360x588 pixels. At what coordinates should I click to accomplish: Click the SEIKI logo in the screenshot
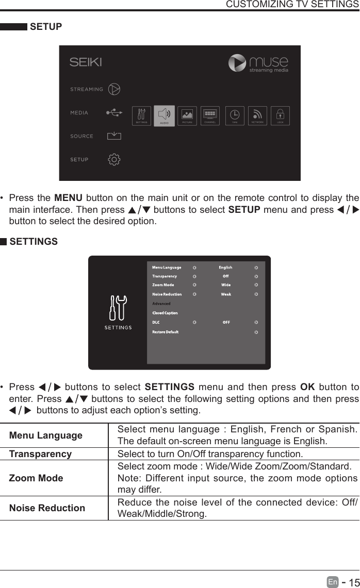pyautogui.click(x=86, y=62)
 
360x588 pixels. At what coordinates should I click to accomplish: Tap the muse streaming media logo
pyautogui.click(x=258, y=63)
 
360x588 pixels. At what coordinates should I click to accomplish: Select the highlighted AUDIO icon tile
pyautogui.click(x=164, y=115)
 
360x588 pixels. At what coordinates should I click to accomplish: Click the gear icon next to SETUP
pyautogui.click(x=114, y=159)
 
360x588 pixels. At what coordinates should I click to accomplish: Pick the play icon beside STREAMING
pyautogui.click(x=114, y=89)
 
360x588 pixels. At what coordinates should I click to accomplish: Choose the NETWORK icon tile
pyautogui.click(x=257, y=115)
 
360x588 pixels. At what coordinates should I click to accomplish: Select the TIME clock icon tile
pyautogui.click(x=235, y=115)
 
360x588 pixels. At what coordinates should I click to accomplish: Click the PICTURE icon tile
pyautogui.click(x=187, y=115)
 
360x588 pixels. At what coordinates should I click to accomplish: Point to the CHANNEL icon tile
pyautogui.click(x=210, y=115)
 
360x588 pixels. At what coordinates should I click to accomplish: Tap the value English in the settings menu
pyautogui.click(x=225, y=267)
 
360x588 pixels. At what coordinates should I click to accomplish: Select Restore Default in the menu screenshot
pyautogui.click(x=165, y=332)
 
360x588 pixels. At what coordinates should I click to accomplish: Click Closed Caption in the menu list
pyautogui.click(x=165, y=313)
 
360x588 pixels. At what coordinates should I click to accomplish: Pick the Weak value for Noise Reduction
pyautogui.click(x=226, y=294)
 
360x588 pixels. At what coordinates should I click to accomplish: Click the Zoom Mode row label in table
pyautogui.click(x=36, y=478)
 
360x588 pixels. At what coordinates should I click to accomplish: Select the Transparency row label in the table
pyautogui.click(x=40, y=454)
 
